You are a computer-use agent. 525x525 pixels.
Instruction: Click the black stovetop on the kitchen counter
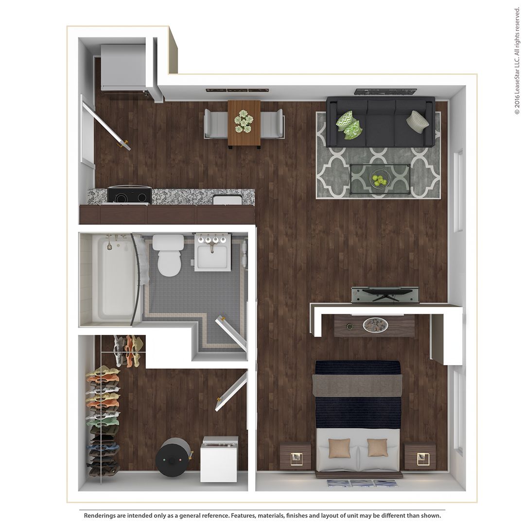(129, 195)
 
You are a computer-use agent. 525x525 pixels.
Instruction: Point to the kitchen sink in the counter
(227, 199)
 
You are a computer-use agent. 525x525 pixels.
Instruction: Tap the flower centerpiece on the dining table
(244, 121)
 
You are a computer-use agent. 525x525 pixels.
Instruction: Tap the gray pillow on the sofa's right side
(418, 121)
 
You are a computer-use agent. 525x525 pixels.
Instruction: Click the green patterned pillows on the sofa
(350, 125)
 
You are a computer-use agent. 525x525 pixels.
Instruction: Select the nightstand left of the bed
(295, 456)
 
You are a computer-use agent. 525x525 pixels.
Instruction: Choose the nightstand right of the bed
(420, 456)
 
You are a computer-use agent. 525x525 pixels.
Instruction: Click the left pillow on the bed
(339, 448)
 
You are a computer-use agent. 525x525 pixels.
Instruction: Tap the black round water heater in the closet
(173, 457)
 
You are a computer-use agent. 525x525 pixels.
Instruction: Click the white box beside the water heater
(219, 459)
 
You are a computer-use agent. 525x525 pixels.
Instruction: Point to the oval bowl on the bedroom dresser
(375, 325)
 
